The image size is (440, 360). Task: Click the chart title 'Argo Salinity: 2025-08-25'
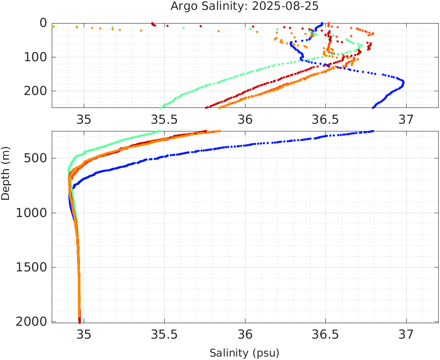[x=245, y=6]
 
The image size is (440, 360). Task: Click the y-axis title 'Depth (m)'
[x=6, y=173]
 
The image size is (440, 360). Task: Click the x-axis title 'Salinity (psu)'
[x=244, y=353]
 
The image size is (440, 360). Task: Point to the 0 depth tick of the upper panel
[x=43, y=23]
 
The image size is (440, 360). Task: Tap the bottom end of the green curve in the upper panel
[x=160, y=108]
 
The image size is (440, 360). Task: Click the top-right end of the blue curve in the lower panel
[x=373, y=131]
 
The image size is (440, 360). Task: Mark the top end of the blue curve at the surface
[x=322, y=24]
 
